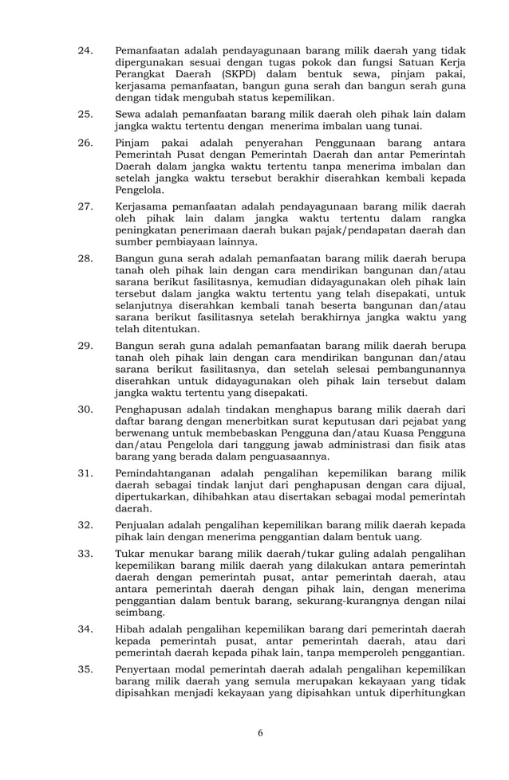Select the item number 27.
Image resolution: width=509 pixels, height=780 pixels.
click(x=85, y=206)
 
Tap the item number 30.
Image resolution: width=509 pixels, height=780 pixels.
click(x=85, y=409)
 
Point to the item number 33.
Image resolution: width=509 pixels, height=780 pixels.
click(x=85, y=553)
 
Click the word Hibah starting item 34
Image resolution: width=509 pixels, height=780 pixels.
click(x=132, y=629)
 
